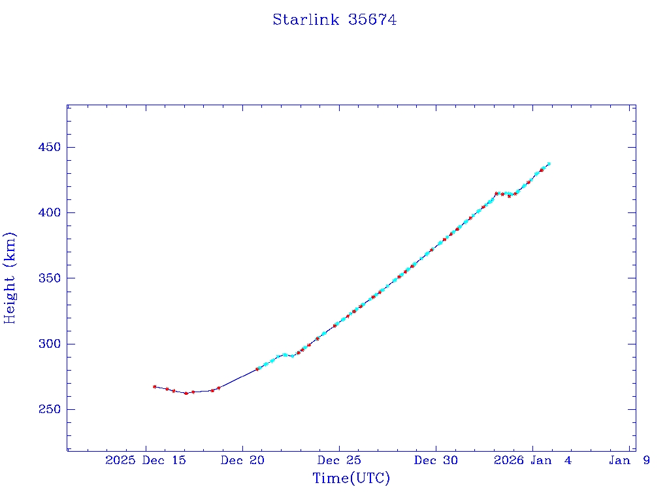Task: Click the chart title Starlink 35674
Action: click(x=334, y=20)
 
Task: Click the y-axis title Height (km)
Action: click(x=10, y=278)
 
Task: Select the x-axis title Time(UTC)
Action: click(x=351, y=478)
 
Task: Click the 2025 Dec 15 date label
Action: click(x=146, y=460)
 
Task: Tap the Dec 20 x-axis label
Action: click(x=242, y=460)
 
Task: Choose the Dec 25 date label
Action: click(x=339, y=460)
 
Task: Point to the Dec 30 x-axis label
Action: click(x=436, y=460)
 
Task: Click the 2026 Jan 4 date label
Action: click(x=532, y=460)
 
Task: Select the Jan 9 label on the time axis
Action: click(x=629, y=460)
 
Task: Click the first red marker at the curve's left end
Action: click(x=154, y=386)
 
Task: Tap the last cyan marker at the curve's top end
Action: click(x=549, y=163)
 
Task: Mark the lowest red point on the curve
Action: click(x=186, y=393)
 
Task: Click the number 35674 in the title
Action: click(x=372, y=20)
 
